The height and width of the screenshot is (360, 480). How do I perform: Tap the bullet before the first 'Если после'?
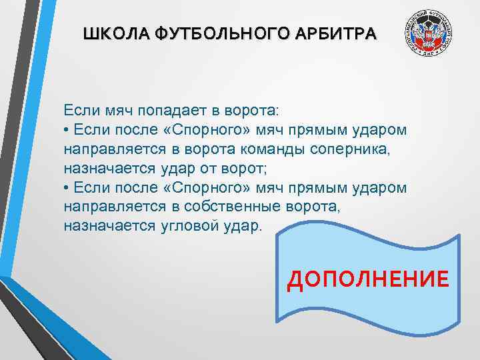(67, 129)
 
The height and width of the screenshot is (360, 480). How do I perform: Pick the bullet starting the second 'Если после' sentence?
(67, 187)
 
